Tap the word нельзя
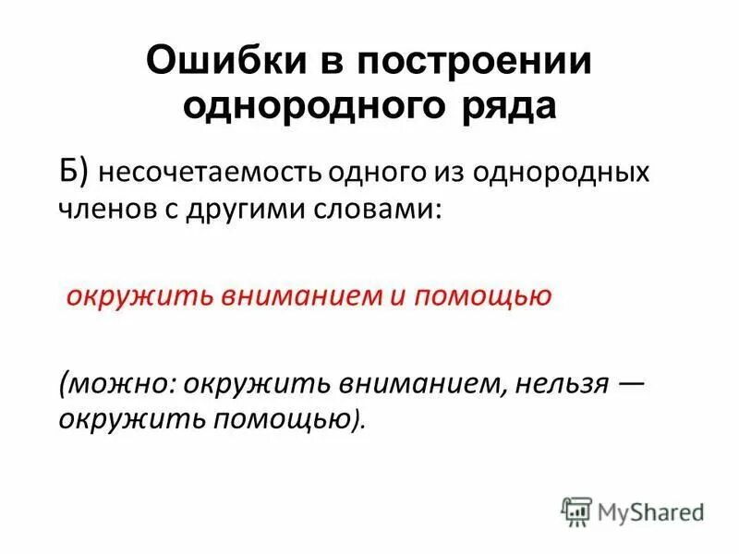(x=561, y=383)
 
